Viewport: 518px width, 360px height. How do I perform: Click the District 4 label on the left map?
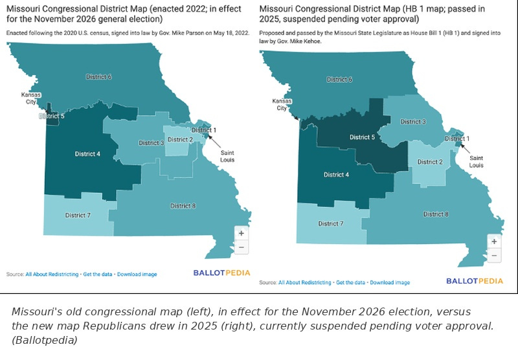point(87,154)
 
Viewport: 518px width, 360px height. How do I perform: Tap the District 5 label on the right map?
point(363,137)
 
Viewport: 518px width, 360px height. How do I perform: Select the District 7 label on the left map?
point(78,216)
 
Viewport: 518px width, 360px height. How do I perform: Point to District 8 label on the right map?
point(436,214)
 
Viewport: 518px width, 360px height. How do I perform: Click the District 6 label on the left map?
point(99,77)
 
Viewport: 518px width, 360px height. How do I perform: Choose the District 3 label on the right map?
point(413,122)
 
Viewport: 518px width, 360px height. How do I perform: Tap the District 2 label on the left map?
point(181,140)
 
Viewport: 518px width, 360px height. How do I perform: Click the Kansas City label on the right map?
point(282,104)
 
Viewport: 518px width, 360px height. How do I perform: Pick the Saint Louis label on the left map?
point(227,156)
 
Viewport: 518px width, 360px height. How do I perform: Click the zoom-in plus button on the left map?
point(242,233)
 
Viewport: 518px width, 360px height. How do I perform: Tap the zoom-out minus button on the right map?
point(494,255)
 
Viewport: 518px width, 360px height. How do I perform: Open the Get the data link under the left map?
point(98,274)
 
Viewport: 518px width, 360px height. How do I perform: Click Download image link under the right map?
point(390,282)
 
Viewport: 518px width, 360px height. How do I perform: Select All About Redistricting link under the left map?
point(52,274)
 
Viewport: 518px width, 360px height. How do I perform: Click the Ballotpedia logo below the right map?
point(475,281)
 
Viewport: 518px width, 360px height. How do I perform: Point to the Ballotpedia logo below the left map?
point(221,273)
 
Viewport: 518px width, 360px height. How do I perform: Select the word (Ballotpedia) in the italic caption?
point(44,340)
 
